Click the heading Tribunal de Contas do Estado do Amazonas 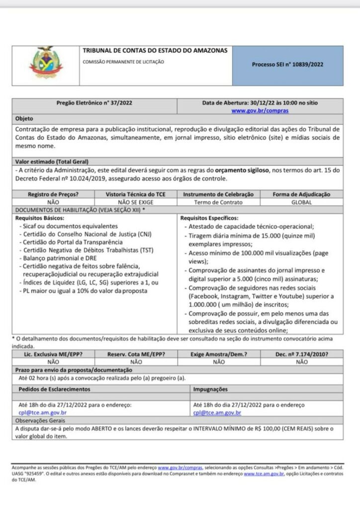point(155,51)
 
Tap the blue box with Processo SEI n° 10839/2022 point(287,65)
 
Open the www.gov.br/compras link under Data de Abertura point(260,111)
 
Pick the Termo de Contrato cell point(219,202)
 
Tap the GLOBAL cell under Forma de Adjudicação point(301,202)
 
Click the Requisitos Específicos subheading point(209,218)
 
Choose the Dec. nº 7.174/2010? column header point(301,354)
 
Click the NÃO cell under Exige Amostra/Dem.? point(219,362)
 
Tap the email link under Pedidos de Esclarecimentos point(43,412)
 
